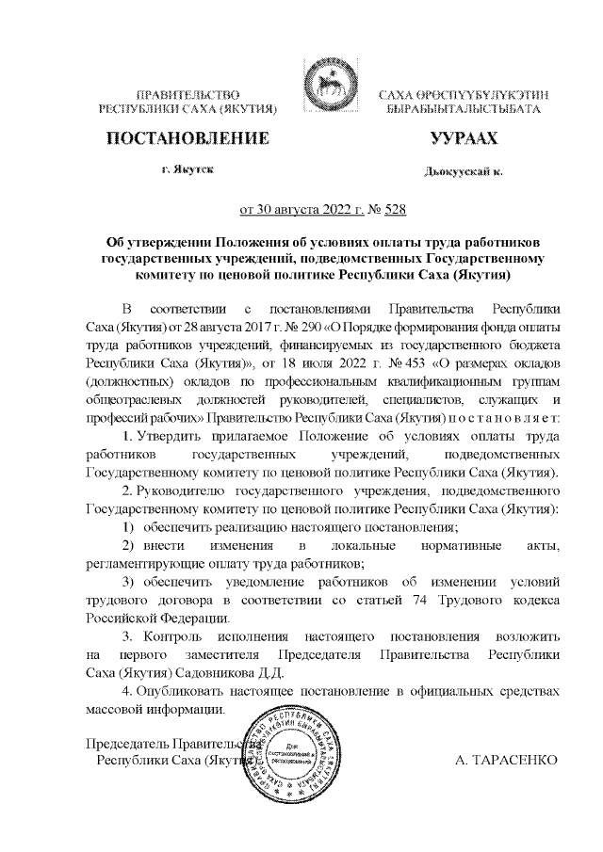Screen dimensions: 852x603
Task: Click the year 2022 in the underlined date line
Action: (x=304, y=210)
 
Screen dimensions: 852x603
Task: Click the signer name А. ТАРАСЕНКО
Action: (x=506, y=759)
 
